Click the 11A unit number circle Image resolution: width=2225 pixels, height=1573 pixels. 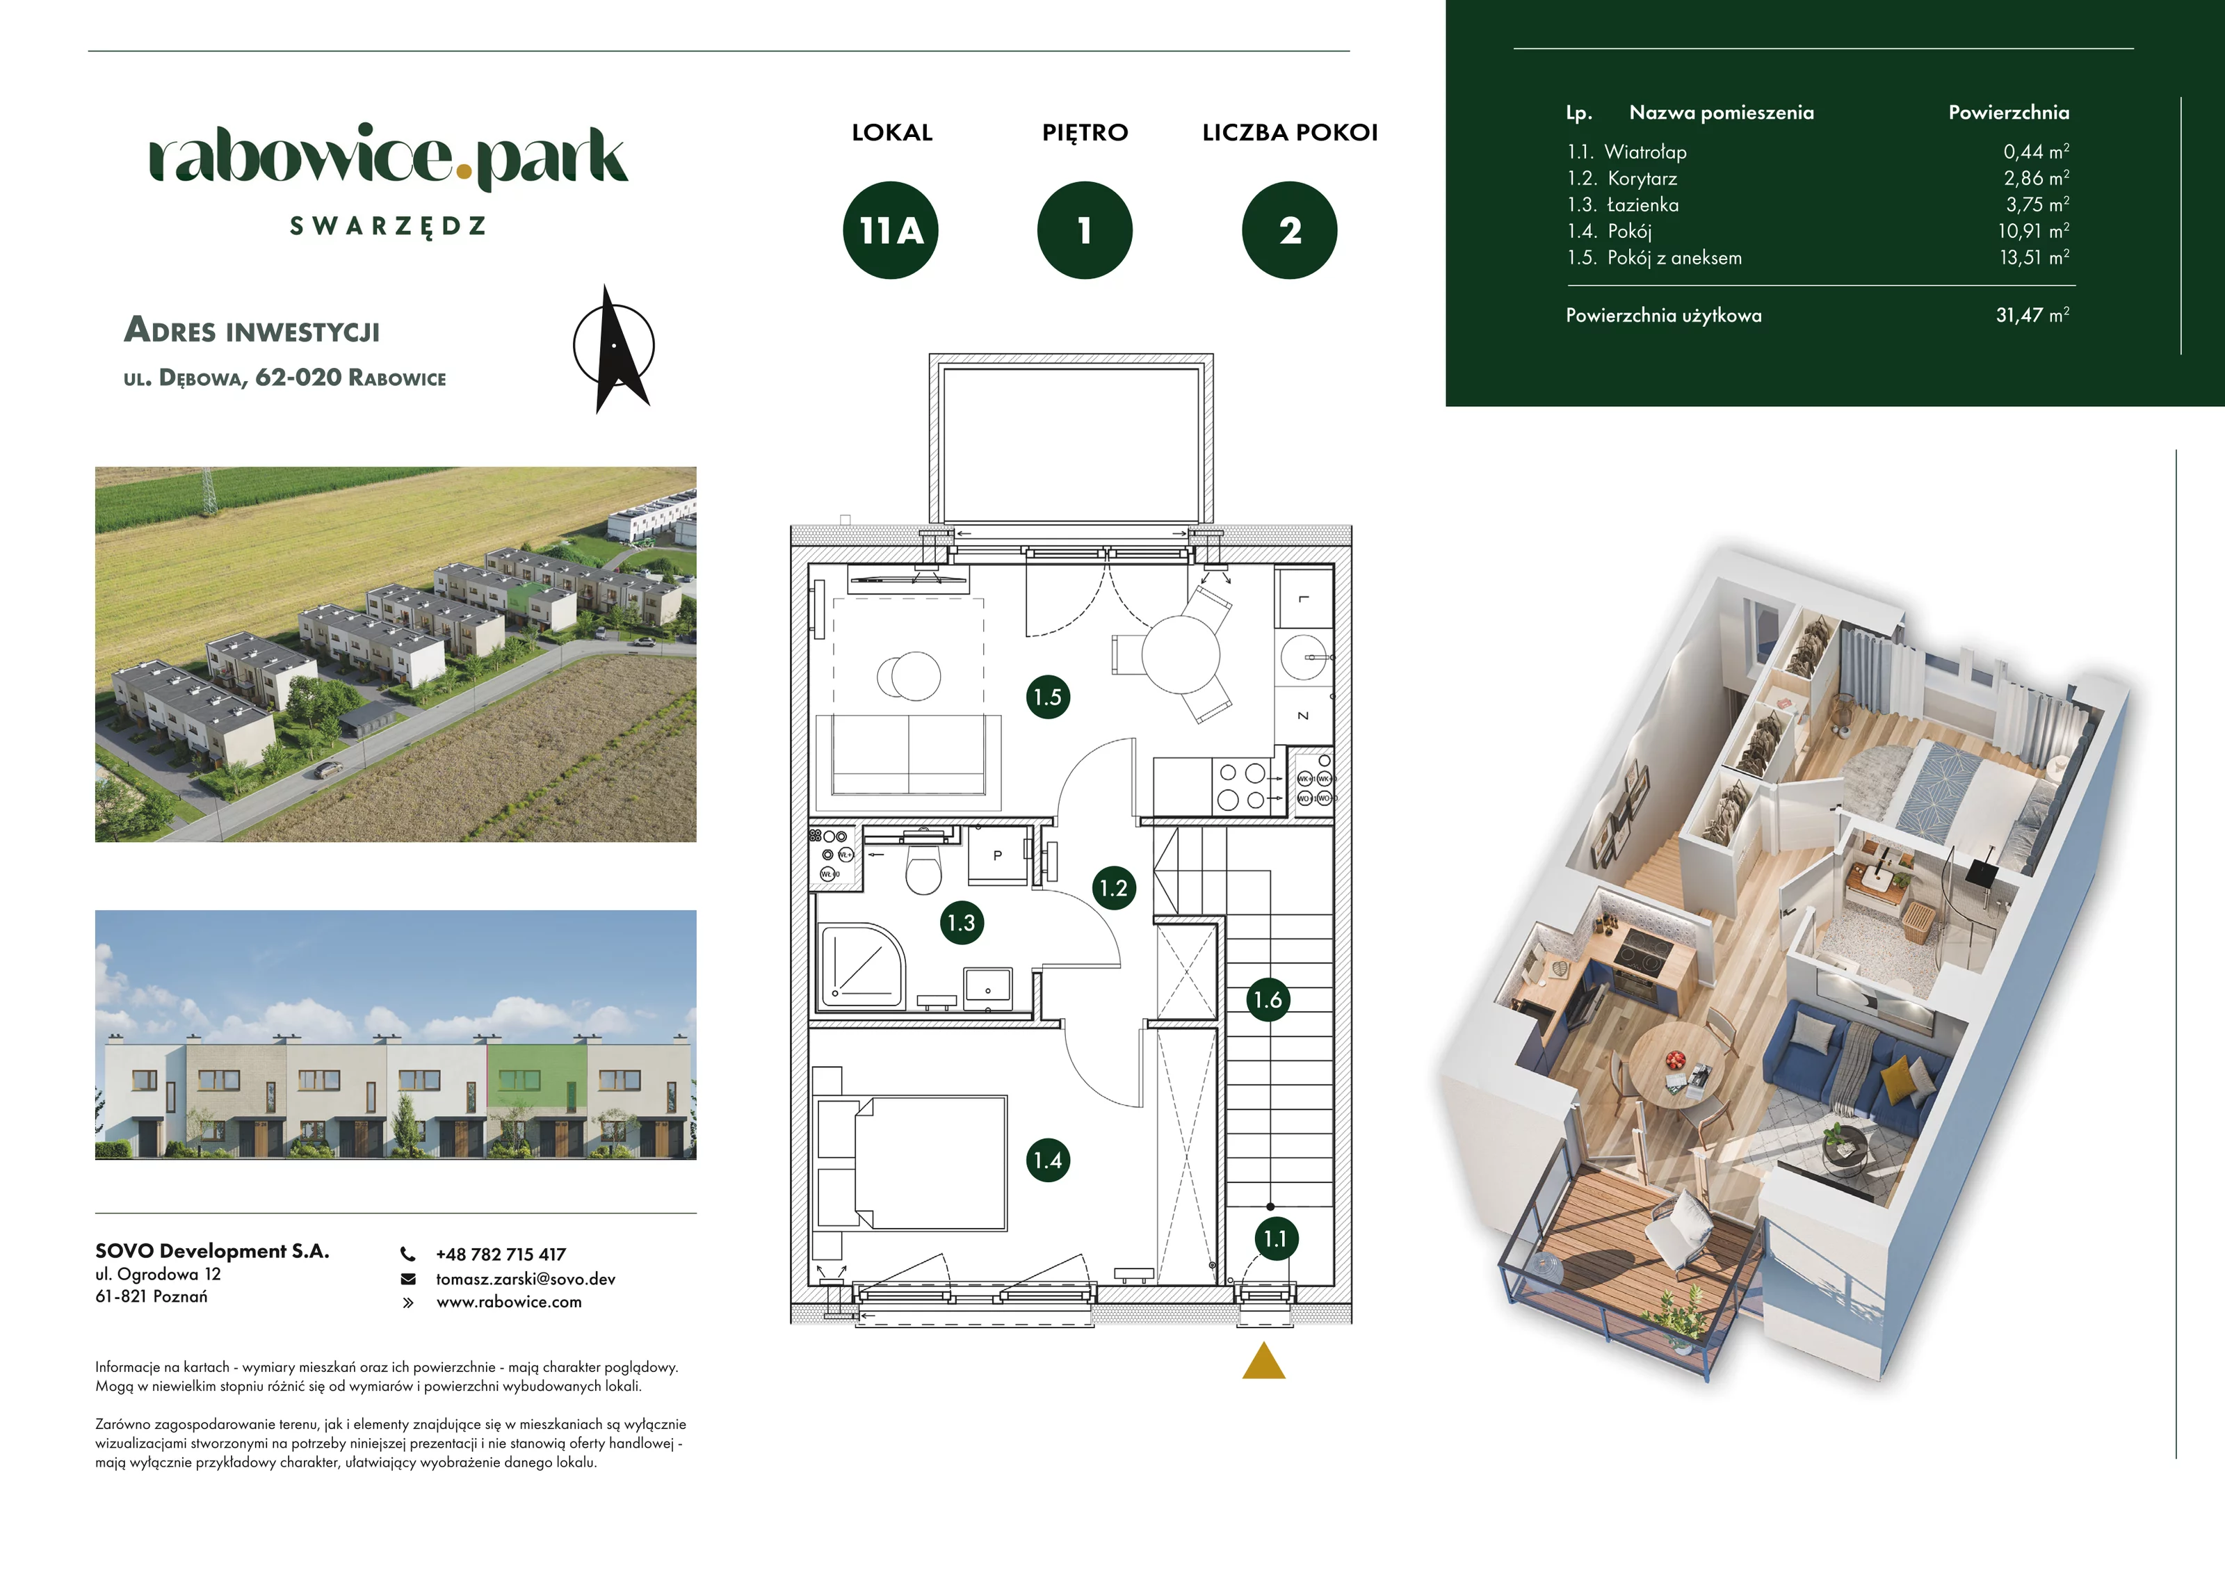pos(891,231)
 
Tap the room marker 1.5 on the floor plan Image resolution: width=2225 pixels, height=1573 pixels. pos(1048,697)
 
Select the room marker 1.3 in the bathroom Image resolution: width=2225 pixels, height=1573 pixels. pos(962,923)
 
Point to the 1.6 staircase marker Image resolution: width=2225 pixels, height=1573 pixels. pos(1268,999)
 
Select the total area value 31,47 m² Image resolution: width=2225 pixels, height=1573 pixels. pos(2032,315)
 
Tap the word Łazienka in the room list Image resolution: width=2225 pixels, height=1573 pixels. pos(1642,204)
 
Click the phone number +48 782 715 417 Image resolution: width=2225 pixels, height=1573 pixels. pos(501,1254)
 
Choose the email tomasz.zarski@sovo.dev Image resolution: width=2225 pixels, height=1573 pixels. pos(525,1280)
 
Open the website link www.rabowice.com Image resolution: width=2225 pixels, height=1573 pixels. pos(509,1302)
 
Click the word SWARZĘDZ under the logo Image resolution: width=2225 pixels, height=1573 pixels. pos(387,227)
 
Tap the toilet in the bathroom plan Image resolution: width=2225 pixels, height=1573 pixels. pos(923,867)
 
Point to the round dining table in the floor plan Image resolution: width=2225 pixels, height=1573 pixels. pos(1181,654)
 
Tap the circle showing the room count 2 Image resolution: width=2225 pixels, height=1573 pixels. pos(1289,231)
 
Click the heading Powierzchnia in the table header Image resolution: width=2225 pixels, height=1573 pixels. pos(2009,113)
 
